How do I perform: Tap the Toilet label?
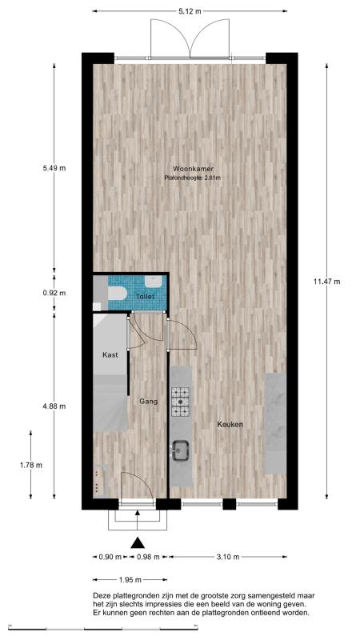pyautogui.click(x=145, y=297)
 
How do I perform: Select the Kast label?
pyautogui.click(x=110, y=354)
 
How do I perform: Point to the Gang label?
pyautogui.click(x=149, y=402)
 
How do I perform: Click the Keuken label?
pyautogui.click(x=230, y=425)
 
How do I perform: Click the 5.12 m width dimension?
pyautogui.click(x=190, y=11)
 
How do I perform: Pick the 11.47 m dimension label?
pyautogui.click(x=326, y=281)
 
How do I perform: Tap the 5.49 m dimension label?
pyautogui.click(x=54, y=168)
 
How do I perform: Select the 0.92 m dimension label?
pyautogui.click(x=54, y=293)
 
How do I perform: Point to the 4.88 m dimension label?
pyautogui.click(x=54, y=406)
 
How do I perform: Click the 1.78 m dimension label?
pyautogui.click(x=31, y=465)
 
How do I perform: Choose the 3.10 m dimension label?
pyautogui.click(x=228, y=557)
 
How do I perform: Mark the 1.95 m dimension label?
pyautogui.click(x=130, y=579)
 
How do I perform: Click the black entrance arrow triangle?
pyautogui.click(x=138, y=542)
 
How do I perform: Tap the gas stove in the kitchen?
pyautogui.click(x=181, y=402)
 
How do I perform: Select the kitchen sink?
pyautogui.click(x=180, y=450)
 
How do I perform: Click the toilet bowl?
pyautogui.click(x=118, y=293)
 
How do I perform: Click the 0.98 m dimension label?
pyautogui.click(x=148, y=557)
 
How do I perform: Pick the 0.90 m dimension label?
pyautogui.click(x=110, y=557)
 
